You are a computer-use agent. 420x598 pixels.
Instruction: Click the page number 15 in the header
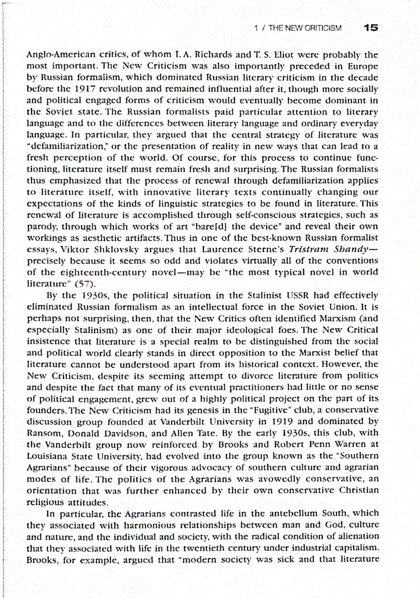(x=371, y=28)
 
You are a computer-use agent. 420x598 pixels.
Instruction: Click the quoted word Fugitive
(x=276, y=410)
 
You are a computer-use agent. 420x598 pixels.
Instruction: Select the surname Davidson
(x=125, y=433)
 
